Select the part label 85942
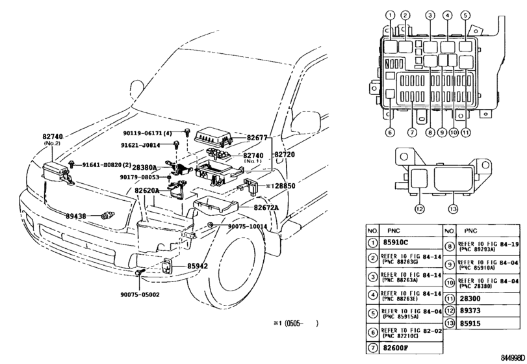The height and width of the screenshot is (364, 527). (x=198, y=266)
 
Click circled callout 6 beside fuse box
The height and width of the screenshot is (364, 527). (x=390, y=132)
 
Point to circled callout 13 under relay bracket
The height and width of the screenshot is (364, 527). (x=453, y=209)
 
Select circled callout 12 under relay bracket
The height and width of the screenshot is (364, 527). (x=420, y=209)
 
